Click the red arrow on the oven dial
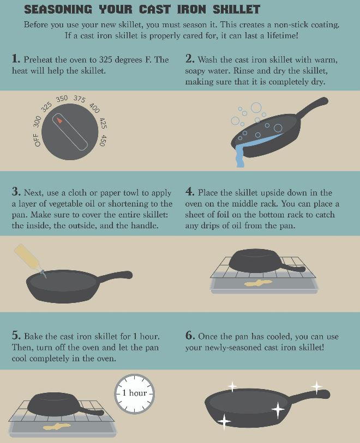click(59, 119)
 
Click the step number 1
click(16, 59)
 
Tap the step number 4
click(190, 192)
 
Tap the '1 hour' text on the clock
click(134, 393)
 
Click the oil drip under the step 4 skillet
click(258, 283)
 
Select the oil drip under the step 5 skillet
click(57, 427)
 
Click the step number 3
click(16, 192)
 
